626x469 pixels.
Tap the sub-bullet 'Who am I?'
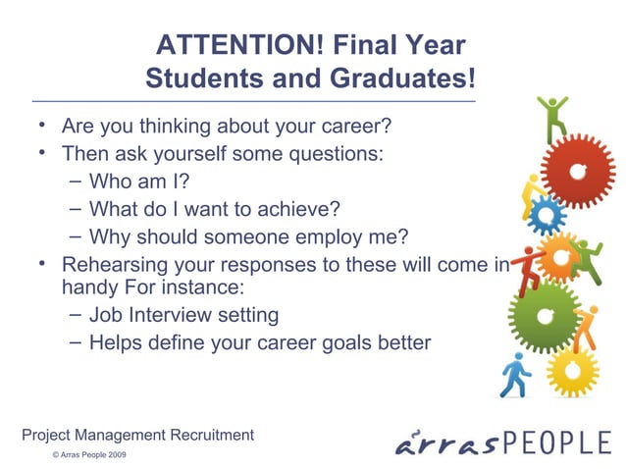click(x=138, y=182)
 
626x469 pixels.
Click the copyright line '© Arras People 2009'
click(x=89, y=456)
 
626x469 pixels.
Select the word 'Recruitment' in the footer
click(x=211, y=435)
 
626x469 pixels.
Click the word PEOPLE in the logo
click(x=556, y=443)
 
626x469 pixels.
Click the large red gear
click(x=578, y=172)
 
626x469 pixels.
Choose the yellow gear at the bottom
click(x=572, y=371)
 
